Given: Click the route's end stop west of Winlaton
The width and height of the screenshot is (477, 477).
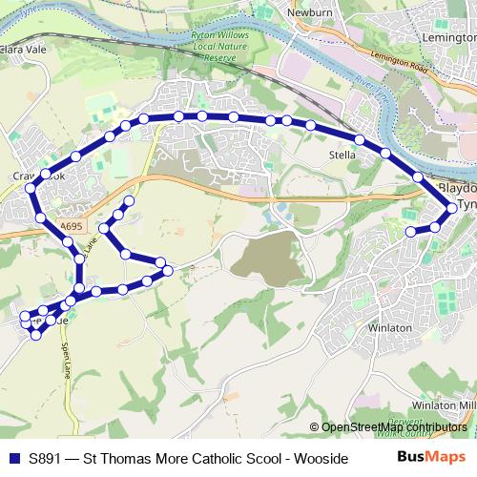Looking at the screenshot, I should coord(411,232).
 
